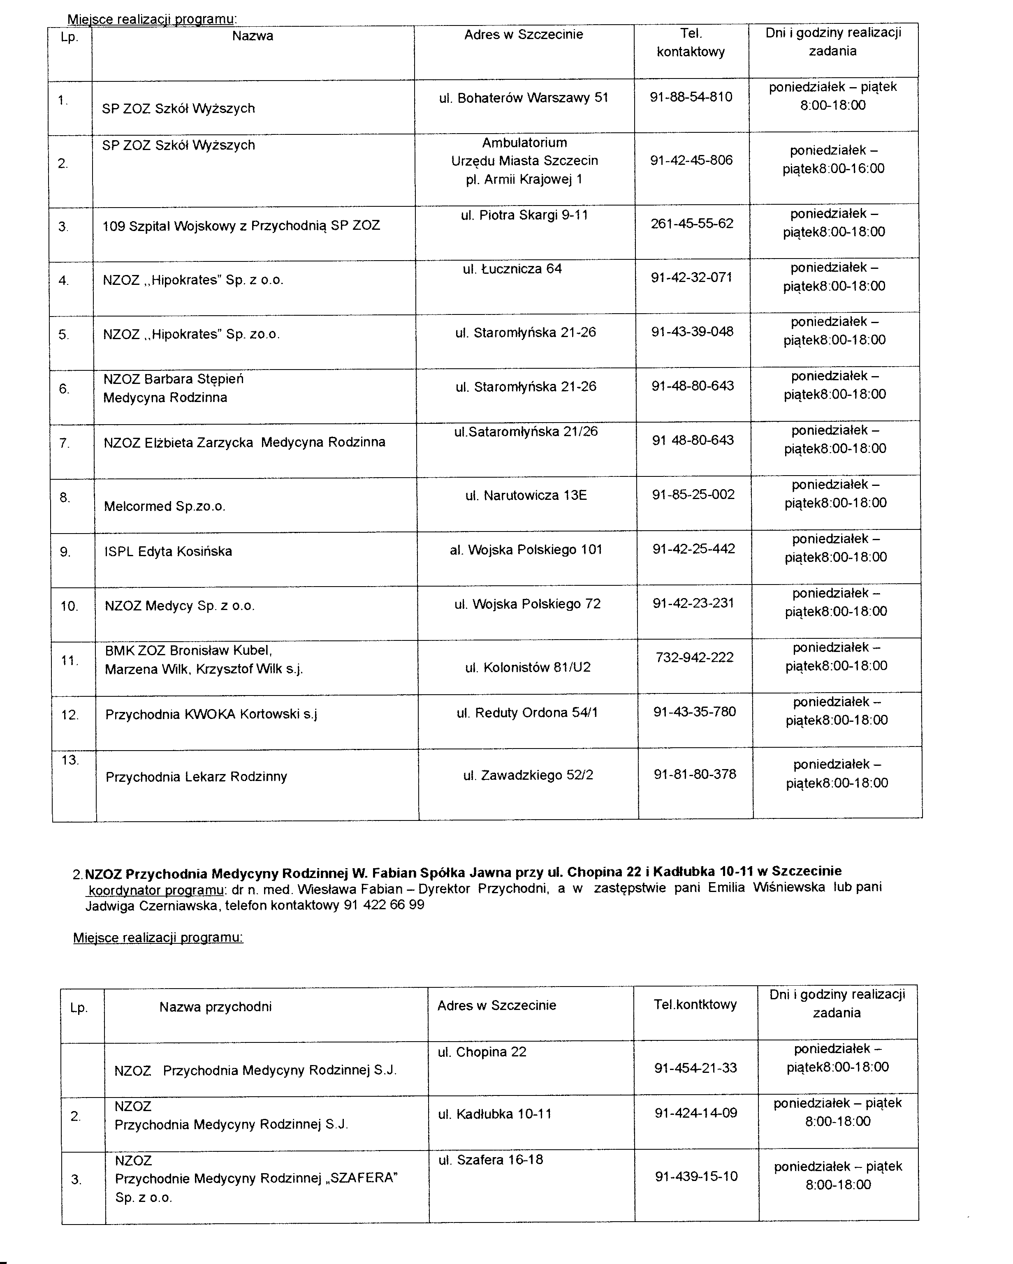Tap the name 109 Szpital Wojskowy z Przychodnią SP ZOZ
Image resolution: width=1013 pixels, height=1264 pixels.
241,226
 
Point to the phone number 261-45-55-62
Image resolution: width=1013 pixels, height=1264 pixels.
691,223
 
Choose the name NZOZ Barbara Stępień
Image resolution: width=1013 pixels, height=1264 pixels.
173,379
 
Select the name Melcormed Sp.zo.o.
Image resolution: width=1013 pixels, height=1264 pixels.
164,506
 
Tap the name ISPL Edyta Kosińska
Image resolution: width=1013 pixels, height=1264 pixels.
168,552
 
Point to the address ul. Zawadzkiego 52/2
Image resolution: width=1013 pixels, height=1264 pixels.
528,776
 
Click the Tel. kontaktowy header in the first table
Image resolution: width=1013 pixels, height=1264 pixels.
691,43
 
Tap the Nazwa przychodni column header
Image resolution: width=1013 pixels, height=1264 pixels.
215,1007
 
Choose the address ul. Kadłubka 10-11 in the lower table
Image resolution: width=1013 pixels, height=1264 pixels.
494,1114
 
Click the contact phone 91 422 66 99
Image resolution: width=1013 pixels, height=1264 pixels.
384,905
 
